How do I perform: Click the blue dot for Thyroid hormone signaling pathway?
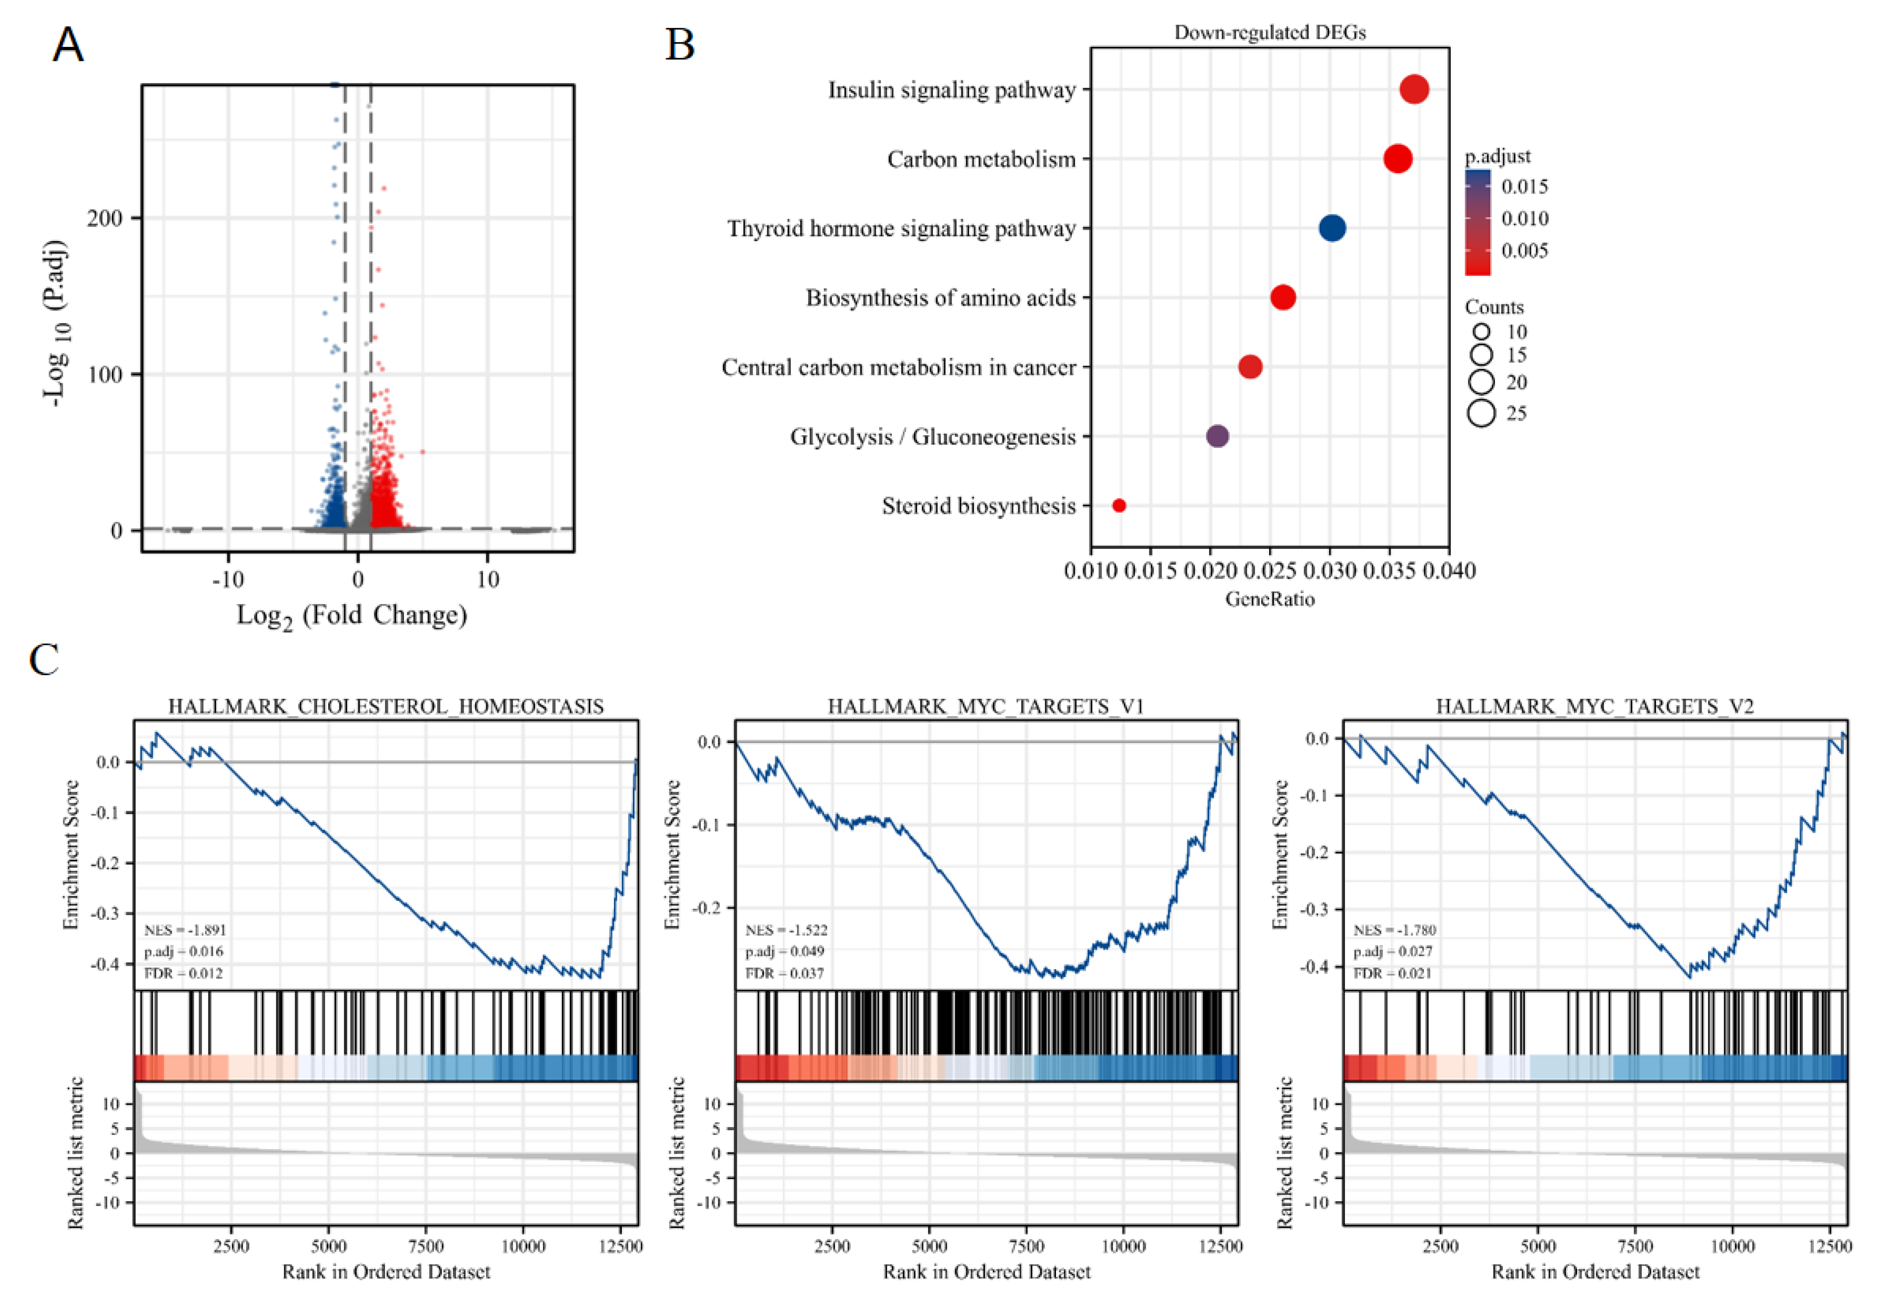click(x=1331, y=228)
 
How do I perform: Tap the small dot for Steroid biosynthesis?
click(x=1119, y=505)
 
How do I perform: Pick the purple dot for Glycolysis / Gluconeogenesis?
click(x=1217, y=437)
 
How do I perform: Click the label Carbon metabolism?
click(x=981, y=159)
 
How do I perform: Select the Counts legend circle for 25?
click(x=1481, y=414)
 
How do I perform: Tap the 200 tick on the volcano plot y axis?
click(x=105, y=218)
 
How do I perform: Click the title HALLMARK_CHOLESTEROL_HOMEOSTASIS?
click(x=386, y=706)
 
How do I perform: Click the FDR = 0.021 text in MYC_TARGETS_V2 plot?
click(x=1392, y=973)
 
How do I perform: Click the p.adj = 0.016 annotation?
click(x=183, y=952)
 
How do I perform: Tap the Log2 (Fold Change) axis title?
click(x=352, y=615)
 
